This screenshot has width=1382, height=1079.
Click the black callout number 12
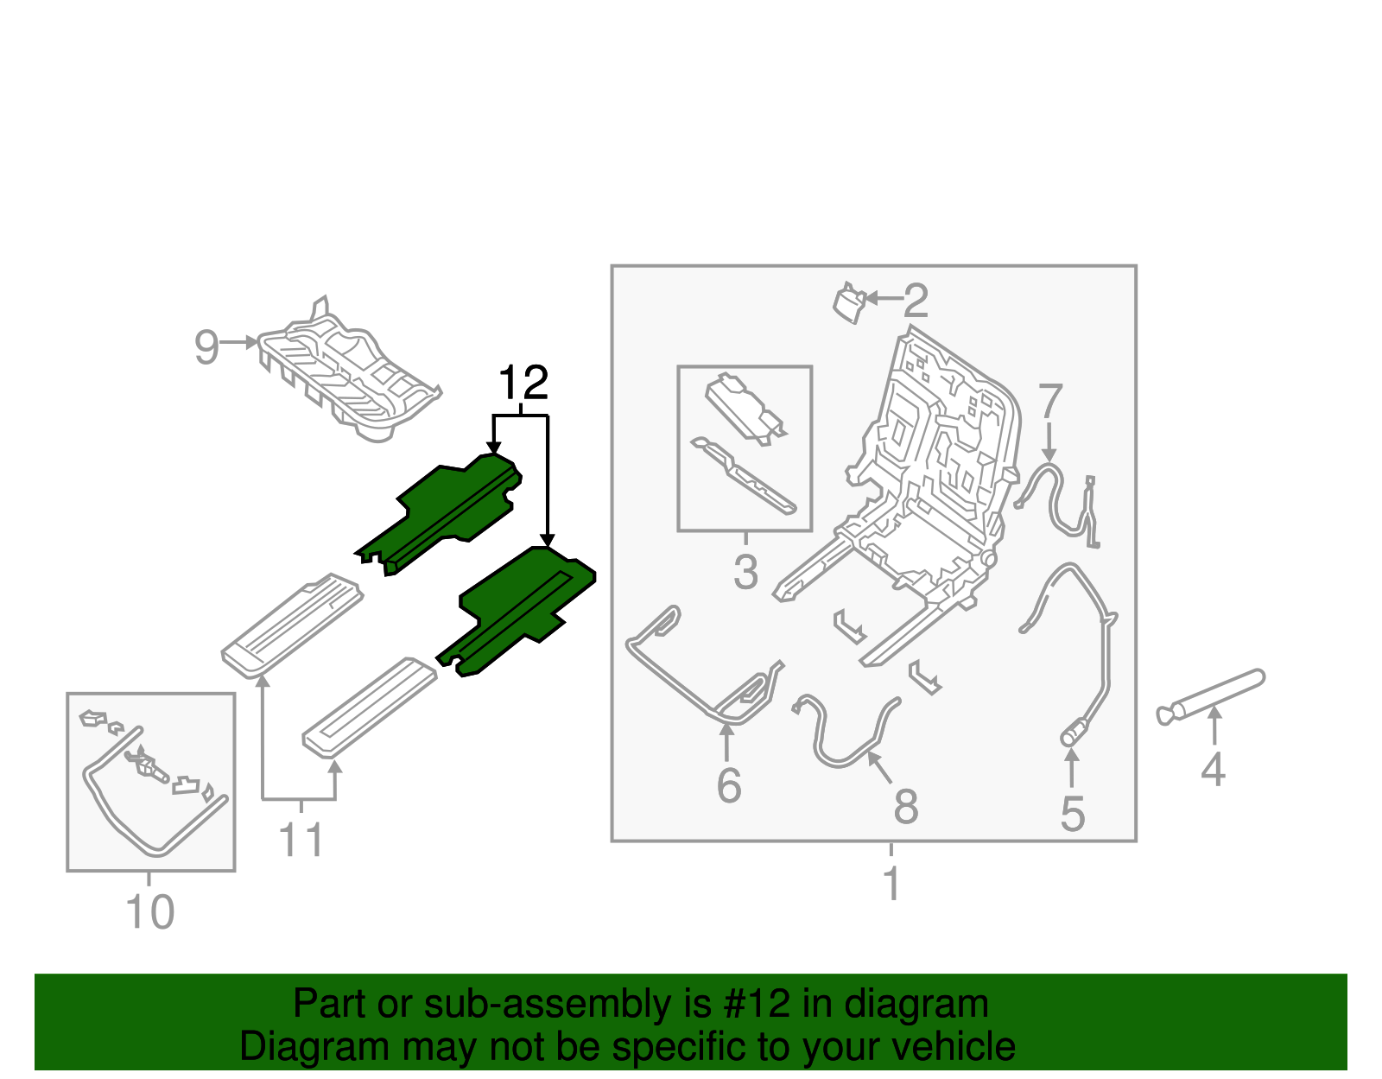tap(523, 383)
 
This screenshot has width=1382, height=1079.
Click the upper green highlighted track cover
tap(449, 510)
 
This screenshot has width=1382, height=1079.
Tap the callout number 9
tap(206, 347)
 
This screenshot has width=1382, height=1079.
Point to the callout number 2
tap(916, 301)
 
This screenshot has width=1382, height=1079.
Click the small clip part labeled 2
tap(849, 302)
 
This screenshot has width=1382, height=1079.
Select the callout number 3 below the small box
tap(745, 572)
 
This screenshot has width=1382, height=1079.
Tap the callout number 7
tap(1049, 402)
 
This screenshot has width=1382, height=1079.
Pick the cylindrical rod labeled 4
tap(1214, 695)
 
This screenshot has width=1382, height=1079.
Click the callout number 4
tap(1213, 770)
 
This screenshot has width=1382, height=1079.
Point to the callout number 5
tap(1072, 814)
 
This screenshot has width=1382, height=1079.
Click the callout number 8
tap(905, 807)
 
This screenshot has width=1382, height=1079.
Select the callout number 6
tap(729, 785)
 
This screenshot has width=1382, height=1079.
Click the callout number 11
tap(301, 841)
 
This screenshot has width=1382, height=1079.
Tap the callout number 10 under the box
tap(150, 912)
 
